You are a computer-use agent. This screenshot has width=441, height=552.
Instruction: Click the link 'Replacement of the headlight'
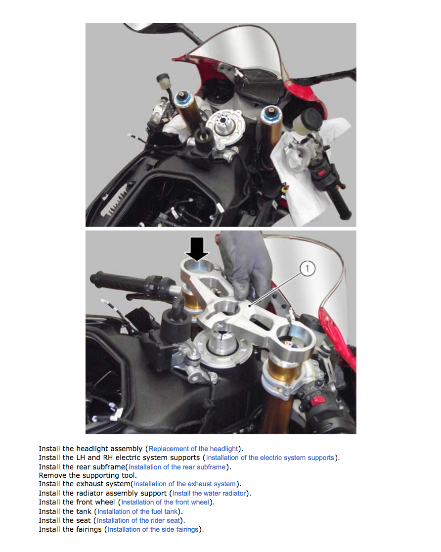(193, 449)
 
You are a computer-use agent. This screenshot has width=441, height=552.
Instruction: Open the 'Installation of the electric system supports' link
(270, 458)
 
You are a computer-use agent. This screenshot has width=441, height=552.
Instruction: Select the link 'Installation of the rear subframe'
(177, 467)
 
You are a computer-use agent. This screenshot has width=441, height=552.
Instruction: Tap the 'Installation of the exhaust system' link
(185, 484)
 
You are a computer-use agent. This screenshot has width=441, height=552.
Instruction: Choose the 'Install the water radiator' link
(209, 493)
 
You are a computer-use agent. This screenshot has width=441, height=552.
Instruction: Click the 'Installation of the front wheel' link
(165, 503)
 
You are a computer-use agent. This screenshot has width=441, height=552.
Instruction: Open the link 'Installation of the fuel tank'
(137, 511)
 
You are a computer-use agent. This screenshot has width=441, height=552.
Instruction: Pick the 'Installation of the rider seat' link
(138, 520)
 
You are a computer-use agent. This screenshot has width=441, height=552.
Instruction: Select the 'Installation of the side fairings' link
(153, 529)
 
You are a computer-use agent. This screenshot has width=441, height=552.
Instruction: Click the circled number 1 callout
(307, 269)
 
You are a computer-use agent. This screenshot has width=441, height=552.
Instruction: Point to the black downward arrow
(197, 249)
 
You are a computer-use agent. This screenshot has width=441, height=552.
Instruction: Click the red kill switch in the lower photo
(317, 401)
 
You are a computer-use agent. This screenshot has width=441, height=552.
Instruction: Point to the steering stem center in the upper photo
(223, 121)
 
